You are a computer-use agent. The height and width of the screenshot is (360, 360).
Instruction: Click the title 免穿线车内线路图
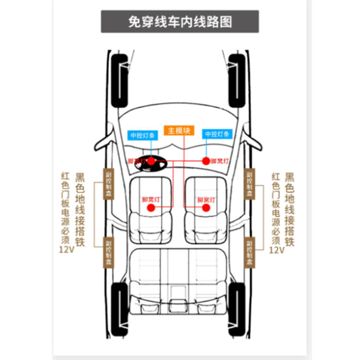(180, 22)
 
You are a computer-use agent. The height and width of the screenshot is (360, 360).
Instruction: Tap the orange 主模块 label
(179, 131)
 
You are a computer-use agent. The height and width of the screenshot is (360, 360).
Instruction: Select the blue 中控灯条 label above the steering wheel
(143, 135)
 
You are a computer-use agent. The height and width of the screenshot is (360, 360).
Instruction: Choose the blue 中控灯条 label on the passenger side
(217, 134)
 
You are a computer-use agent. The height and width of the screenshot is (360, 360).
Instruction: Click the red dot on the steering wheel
(151, 161)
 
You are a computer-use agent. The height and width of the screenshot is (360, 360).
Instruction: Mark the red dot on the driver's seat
(151, 207)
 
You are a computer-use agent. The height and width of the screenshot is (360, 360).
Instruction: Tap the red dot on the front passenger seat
(206, 207)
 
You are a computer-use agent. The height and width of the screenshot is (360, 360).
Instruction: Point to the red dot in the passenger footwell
(206, 161)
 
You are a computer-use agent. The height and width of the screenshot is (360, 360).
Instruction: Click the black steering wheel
(151, 165)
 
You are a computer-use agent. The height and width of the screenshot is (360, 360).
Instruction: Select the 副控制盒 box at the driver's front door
(109, 184)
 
